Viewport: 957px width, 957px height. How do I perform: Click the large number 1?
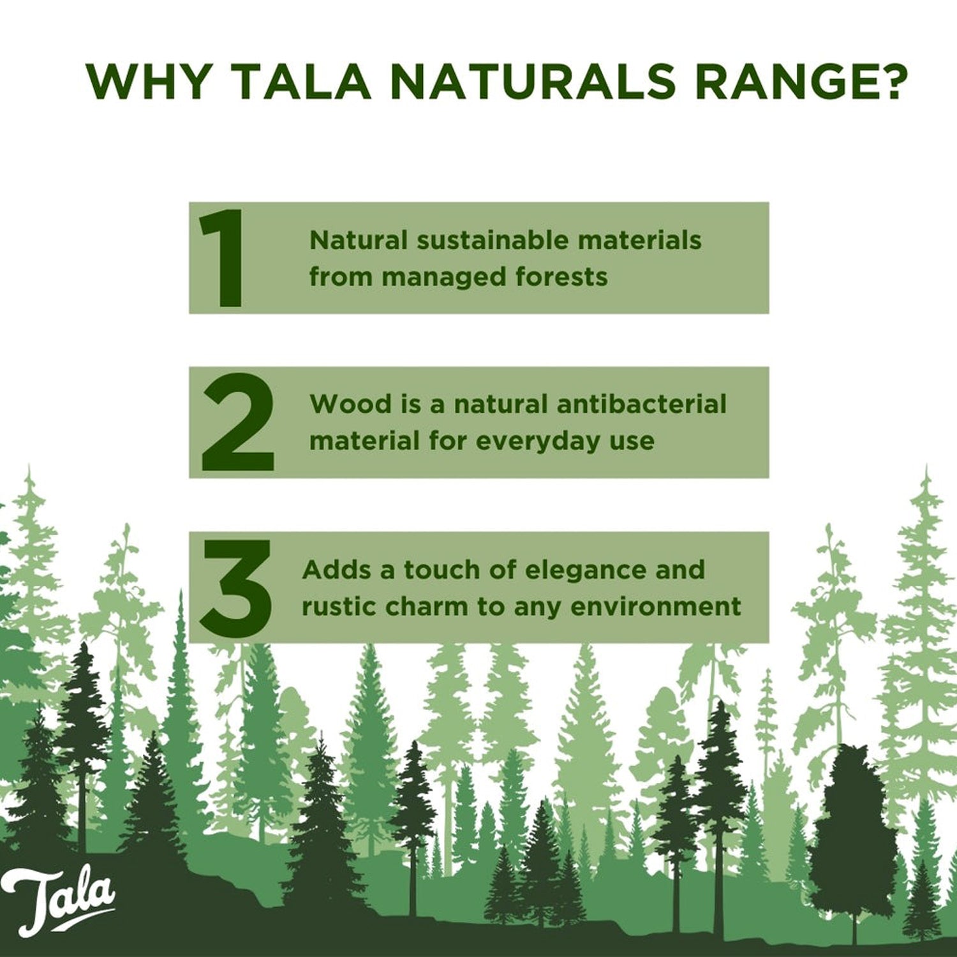[223, 258]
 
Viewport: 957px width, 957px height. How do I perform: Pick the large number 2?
[237, 422]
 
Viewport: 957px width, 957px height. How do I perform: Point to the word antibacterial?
[641, 404]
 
